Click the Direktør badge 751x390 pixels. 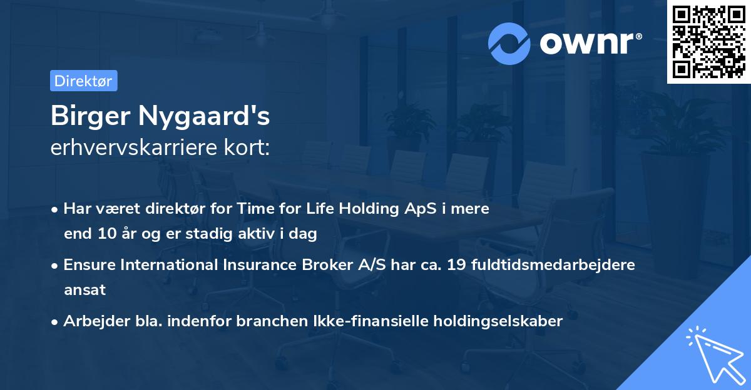click(83, 81)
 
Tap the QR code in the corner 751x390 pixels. click(708, 41)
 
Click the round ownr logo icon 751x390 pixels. click(509, 43)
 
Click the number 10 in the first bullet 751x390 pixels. click(103, 234)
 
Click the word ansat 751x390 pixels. click(84, 290)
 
